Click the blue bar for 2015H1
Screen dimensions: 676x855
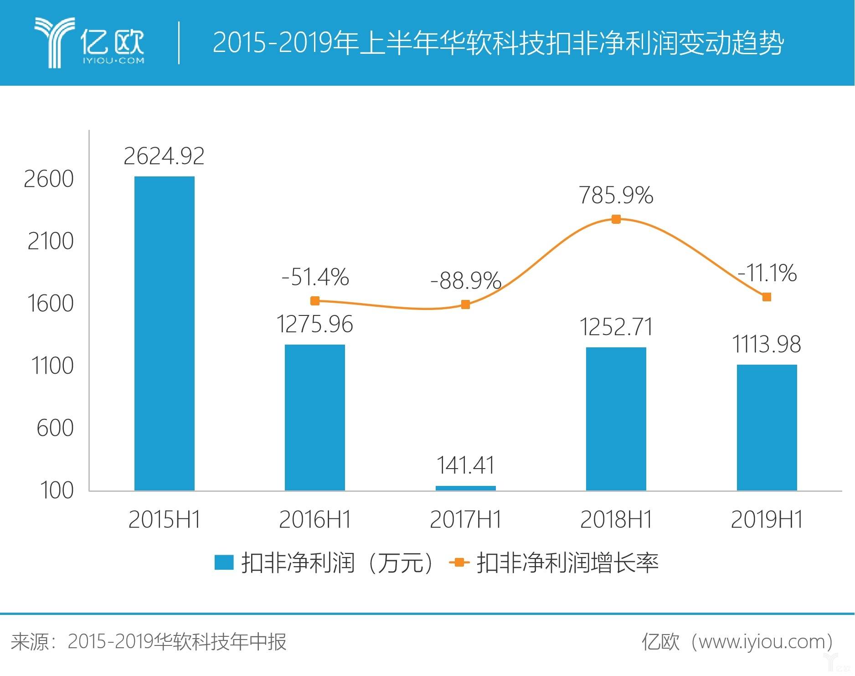[164, 333]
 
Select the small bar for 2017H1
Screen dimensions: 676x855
[465, 488]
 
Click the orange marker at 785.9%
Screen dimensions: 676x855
[616, 219]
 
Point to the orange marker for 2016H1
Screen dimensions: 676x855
[315, 301]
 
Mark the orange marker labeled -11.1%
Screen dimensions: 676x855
[767, 297]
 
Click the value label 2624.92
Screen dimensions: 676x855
[164, 156]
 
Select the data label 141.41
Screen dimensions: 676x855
[465, 465]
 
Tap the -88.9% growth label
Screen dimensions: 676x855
[465, 280]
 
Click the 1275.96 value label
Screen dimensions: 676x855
[315, 325]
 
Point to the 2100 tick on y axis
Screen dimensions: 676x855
[50, 241]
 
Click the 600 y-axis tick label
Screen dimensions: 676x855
[55, 428]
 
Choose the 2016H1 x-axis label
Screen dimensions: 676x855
[315, 520]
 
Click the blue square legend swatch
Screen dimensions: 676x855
[224, 562]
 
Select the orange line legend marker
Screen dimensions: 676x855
[459, 562]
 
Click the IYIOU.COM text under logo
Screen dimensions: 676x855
[113, 61]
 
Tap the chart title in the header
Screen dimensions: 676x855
[498, 43]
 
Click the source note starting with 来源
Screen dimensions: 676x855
[149, 642]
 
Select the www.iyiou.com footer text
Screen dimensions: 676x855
[766, 642]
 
